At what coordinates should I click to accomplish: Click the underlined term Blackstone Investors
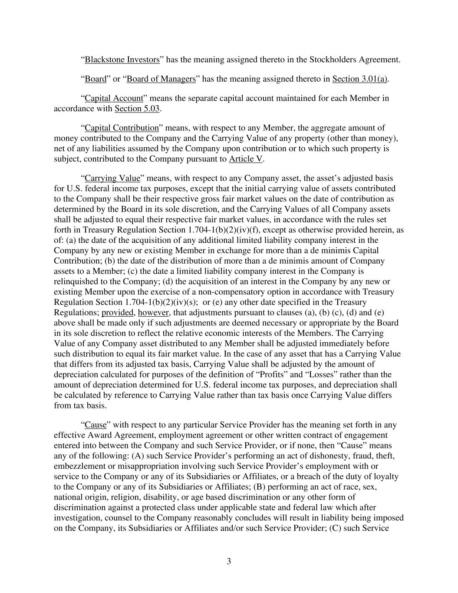[122, 60]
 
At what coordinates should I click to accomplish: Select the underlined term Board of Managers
[161, 79]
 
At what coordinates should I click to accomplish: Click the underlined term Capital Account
[114, 98]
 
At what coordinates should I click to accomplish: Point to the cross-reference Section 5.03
[137, 109]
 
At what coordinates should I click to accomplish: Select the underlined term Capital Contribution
[122, 128]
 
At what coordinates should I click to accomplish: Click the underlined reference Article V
[246, 159]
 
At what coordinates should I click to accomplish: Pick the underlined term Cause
[96, 425]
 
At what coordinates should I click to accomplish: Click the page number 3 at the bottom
[229, 561]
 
